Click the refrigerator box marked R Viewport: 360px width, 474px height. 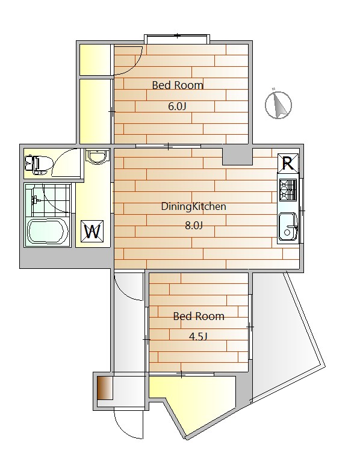point(288,164)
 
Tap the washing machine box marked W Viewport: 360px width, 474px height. point(93,232)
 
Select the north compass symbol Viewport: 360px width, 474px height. point(278,104)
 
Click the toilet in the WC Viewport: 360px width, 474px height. point(36,164)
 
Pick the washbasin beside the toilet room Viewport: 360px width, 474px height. point(97,157)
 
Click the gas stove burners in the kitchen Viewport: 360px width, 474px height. point(288,190)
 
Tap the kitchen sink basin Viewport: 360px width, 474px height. point(288,227)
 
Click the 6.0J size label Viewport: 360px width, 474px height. point(177,106)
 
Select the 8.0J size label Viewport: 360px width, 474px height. point(194,226)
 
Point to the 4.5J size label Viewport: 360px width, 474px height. point(198,336)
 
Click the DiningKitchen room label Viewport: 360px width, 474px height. point(194,207)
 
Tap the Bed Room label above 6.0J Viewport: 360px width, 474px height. point(178,85)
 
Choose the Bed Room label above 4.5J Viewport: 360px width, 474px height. point(199,316)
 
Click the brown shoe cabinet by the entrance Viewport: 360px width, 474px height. point(105,388)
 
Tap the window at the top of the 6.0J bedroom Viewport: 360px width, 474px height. point(176,39)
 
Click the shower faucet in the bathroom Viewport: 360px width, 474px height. point(35,200)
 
